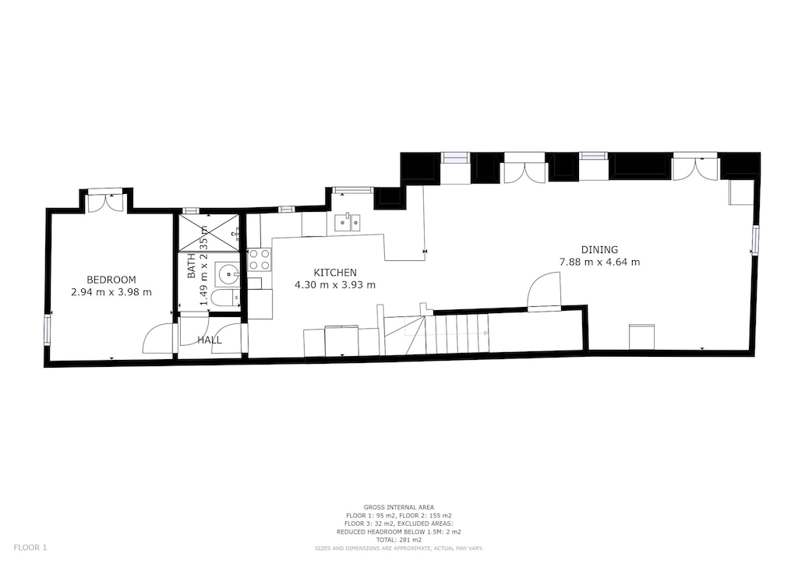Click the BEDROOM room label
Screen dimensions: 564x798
pyautogui.click(x=111, y=280)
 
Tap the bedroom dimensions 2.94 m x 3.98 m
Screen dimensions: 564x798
pyautogui.click(x=111, y=292)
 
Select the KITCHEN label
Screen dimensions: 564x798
pyautogui.click(x=335, y=273)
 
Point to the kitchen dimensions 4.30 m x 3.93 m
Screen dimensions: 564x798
pyautogui.click(x=335, y=285)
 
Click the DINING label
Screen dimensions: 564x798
pyautogui.click(x=599, y=249)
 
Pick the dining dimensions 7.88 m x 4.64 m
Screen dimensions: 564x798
pyautogui.click(x=599, y=262)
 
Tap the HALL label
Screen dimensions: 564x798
pyautogui.click(x=209, y=340)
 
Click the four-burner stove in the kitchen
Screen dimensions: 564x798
pyautogui.click(x=260, y=259)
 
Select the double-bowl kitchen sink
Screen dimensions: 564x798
pyautogui.click(x=348, y=224)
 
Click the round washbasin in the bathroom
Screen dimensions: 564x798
pyautogui.click(x=228, y=273)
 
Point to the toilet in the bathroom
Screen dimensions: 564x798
pyautogui.click(x=224, y=300)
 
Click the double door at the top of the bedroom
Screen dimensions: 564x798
pyautogui.click(x=105, y=202)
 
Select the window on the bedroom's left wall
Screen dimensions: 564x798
pyautogui.click(x=48, y=329)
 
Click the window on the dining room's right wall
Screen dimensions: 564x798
pyautogui.click(x=754, y=240)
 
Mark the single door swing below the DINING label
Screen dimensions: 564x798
pyautogui.click(x=544, y=291)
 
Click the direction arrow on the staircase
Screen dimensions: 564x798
pyautogui.click(x=485, y=333)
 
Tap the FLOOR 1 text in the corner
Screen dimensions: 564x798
pyautogui.click(x=30, y=548)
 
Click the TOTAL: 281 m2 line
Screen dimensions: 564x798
pyautogui.click(x=398, y=540)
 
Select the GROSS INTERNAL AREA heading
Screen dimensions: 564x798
pyautogui.click(x=398, y=507)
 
